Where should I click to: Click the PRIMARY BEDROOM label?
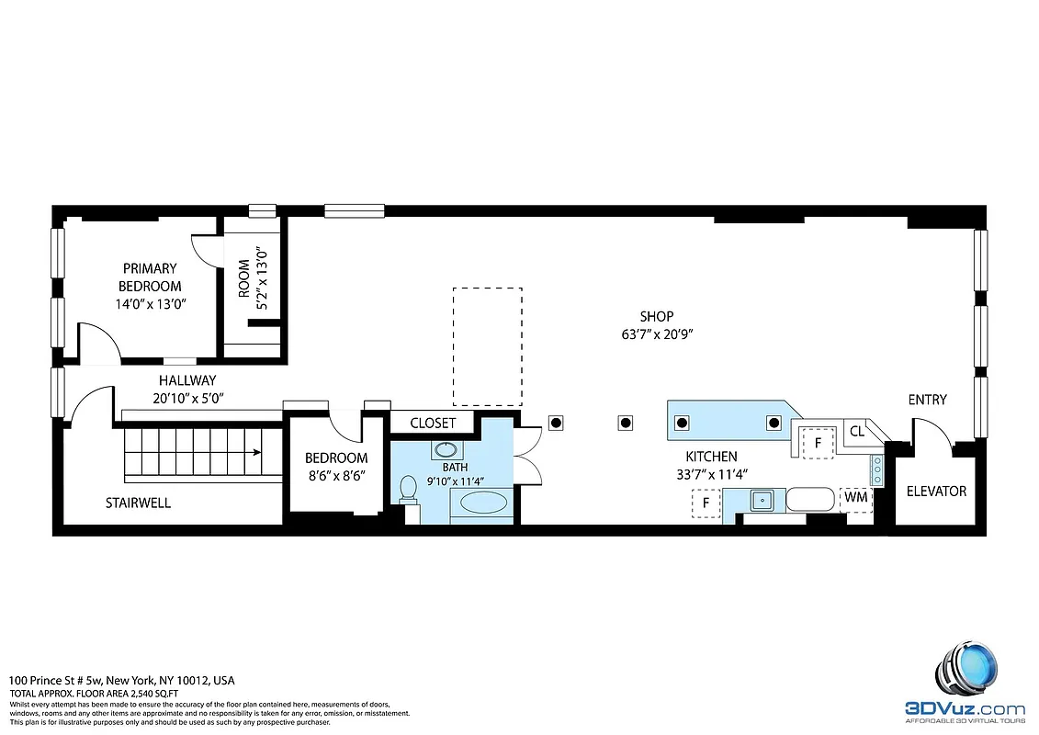pyautogui.click(x=149, y=277)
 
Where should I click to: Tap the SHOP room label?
pyautogui.click(x=657, y=317)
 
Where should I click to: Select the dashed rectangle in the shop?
pyautogui.click(x=487, y=346)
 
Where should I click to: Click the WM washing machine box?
pyautogui.click(x=855, y=497)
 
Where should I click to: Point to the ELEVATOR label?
pyautogui.click(x=936, y=491)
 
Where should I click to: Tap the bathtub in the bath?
pyautogui.click(x=482, y=503)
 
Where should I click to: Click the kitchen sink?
pyautogui.click(x=762, y=501)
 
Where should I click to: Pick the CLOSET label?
pyautogui.click(x=433, y=423)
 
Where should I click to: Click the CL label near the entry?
pyautogui.click(x=856, y=431)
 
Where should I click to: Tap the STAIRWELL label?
pyautogui.click(x=138, y=503)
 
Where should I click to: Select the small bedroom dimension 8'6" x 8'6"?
pyautogui.click(x=336, y=476)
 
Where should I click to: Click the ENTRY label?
pyautogui.click(x=927, y=400)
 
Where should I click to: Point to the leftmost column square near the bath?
pyautogui.click(x=556, y=423)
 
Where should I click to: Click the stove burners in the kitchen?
pyautogui.click(x=877, y=469)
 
